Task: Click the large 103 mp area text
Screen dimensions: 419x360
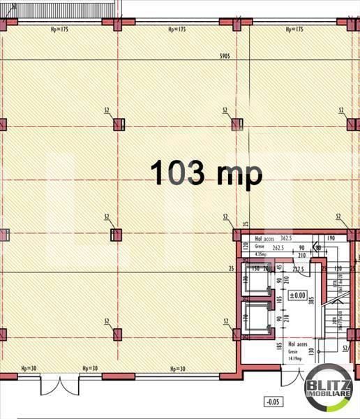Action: pyautogui.click(x=206, y=172)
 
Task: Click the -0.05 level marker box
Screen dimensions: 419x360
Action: pyautogui.click(x=271, y=402)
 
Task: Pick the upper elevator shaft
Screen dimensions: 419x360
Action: pyautogui.click(x=255, y=281)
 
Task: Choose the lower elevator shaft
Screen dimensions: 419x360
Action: pyautogui.click(x=255, y=319)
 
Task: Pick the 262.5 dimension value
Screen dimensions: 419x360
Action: pyautogui.click(x=281, y=246)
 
